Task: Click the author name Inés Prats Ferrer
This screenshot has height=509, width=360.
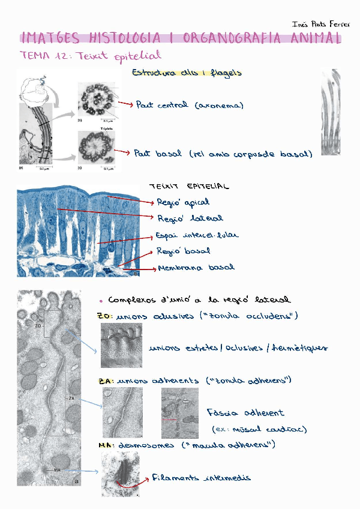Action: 320,25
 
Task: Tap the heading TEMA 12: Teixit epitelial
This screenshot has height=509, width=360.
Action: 91,56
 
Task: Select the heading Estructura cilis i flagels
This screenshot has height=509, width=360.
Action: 186,73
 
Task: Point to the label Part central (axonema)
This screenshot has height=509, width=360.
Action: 190,106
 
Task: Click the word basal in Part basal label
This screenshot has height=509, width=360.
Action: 169,154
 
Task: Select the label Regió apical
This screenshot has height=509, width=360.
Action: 183,202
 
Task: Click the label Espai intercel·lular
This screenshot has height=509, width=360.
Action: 197,235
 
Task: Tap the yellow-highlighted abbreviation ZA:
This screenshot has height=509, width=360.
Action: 106,381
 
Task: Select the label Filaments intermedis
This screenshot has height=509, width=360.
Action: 201,478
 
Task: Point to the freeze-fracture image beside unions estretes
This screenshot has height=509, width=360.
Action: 121,346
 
